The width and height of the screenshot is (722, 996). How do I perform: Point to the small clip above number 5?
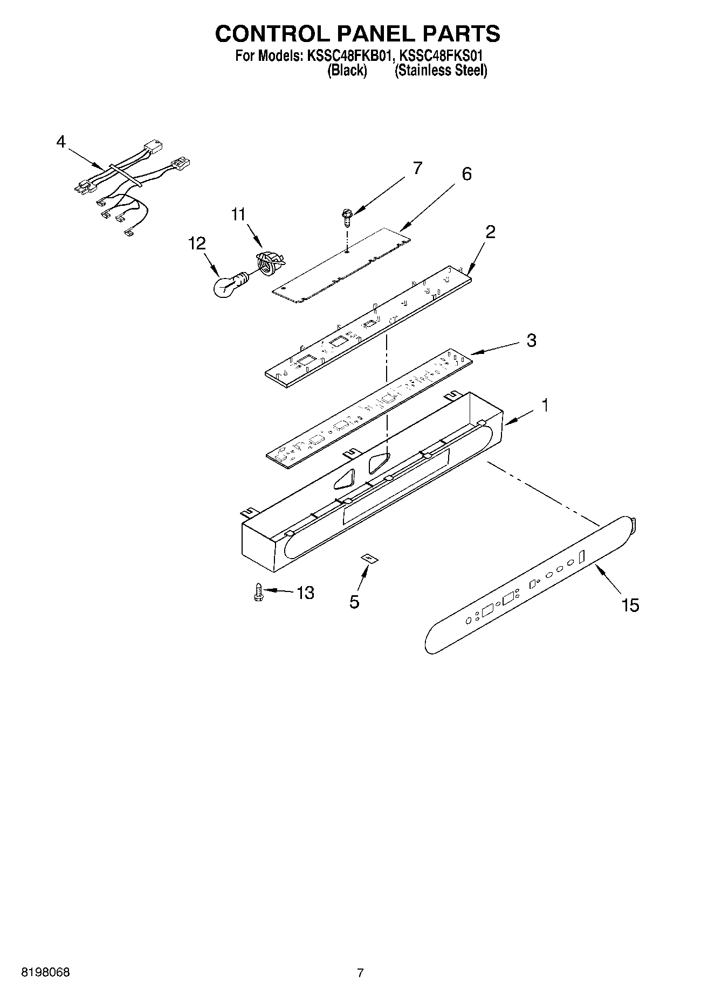(x=369, y=559)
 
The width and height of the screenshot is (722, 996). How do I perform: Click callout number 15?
(x=630, y=605)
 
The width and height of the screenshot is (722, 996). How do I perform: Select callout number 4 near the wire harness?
(x=61, y=142)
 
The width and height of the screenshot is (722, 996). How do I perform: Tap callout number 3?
(x=531, y=340)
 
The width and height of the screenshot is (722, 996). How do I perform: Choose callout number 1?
(x=545, y=405)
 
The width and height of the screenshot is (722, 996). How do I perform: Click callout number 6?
(x=466, y=174)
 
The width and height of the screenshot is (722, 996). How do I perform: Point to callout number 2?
(x=490, y=232)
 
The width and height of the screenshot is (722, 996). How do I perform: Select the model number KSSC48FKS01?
(x=440, y=55)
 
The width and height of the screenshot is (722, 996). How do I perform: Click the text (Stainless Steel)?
(x=441, y=71)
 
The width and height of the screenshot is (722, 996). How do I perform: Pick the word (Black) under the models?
(x=347, y=71)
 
